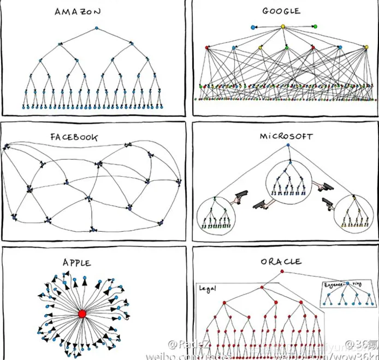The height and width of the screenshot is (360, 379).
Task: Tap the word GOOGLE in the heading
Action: point(281,11)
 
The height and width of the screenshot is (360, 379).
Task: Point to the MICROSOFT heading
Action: point(286,136)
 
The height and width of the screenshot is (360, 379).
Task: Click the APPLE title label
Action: point(77,263)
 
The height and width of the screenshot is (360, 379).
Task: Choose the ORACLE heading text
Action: point(281,261)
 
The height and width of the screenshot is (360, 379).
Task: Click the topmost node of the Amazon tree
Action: point(97,28)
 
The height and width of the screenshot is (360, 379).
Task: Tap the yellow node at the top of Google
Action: point(283,26)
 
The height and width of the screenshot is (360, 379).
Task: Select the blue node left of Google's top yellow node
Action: point(253,26)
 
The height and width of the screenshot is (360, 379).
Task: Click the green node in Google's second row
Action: point(286,47)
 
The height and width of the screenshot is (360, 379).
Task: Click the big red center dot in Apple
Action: point(82,314)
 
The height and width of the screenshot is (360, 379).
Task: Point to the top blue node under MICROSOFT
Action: point(287,145)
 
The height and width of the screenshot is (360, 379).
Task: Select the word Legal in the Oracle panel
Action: point(207,288)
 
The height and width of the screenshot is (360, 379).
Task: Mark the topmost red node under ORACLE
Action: point(282,271)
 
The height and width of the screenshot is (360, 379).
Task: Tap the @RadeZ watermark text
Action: point(183,344)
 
